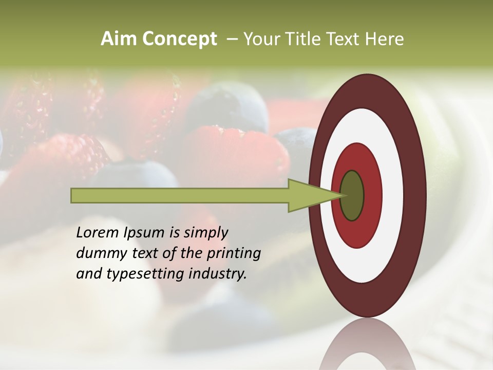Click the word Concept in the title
click(x=179, y=39)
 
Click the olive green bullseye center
click(x=352, y=195)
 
